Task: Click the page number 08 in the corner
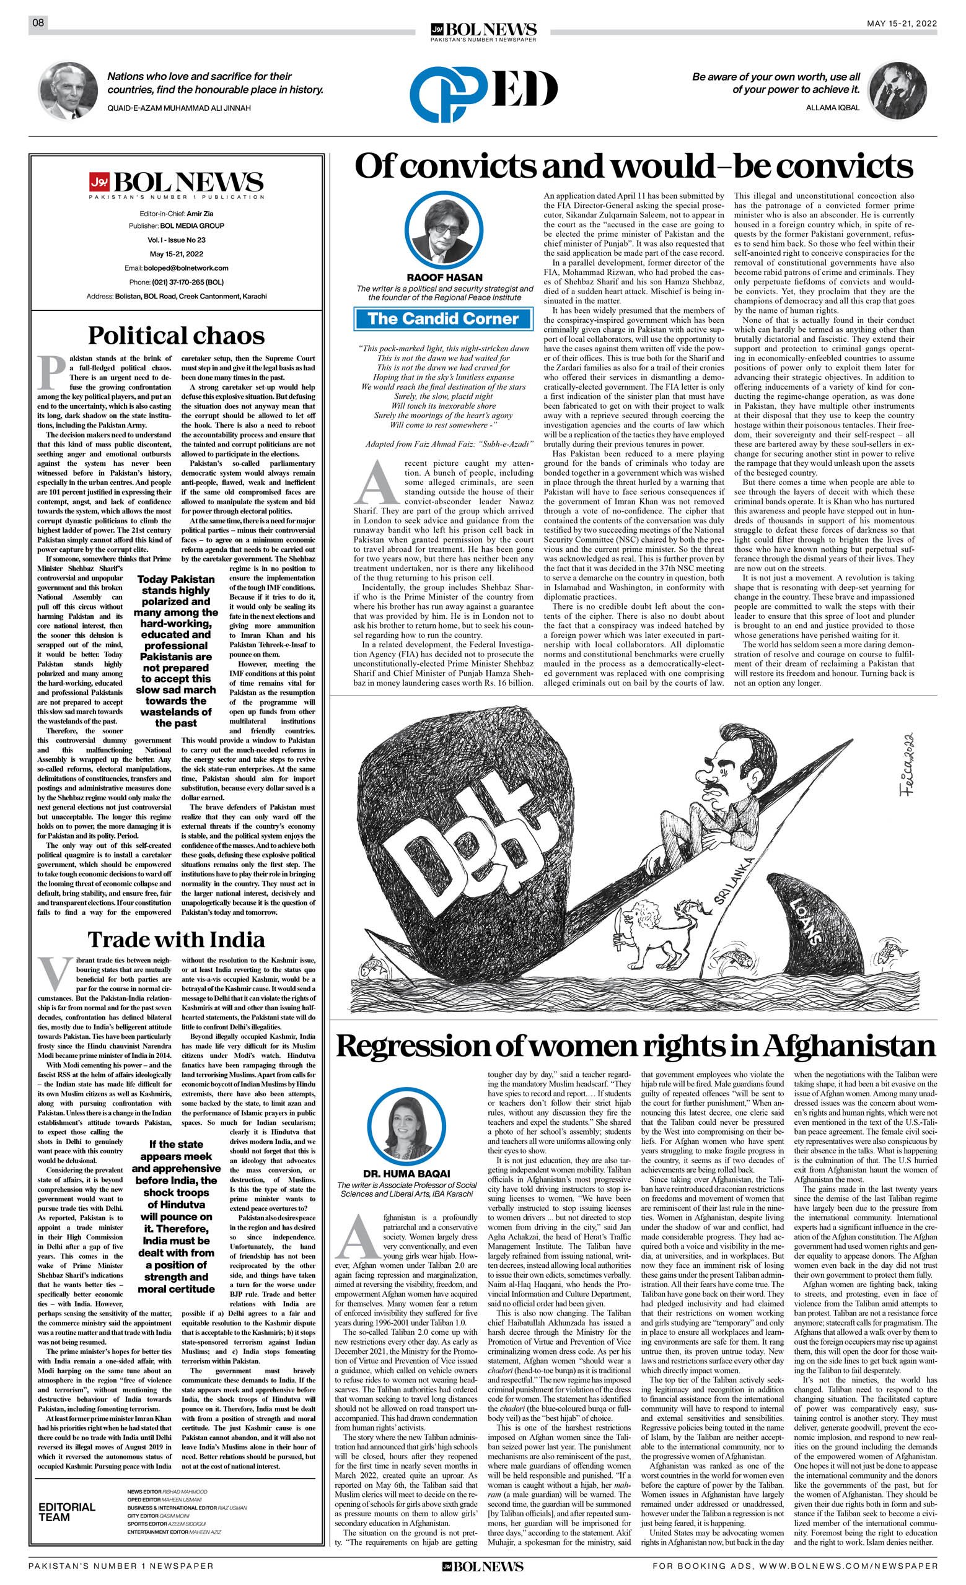38,23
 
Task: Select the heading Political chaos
176,335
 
